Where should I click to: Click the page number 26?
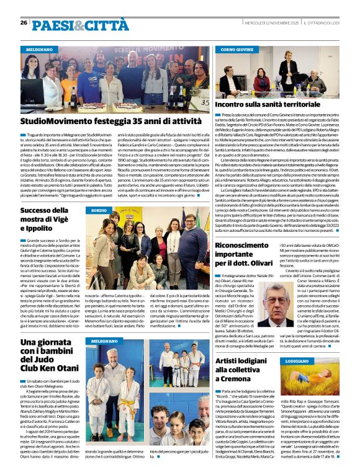[x=24, y=22]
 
